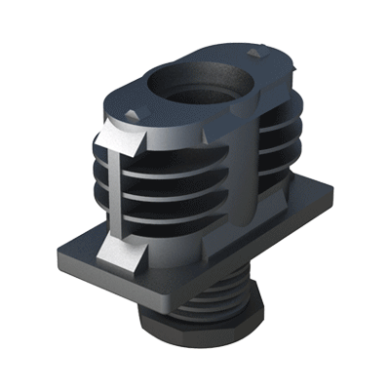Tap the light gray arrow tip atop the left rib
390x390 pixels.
point(124,137)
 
